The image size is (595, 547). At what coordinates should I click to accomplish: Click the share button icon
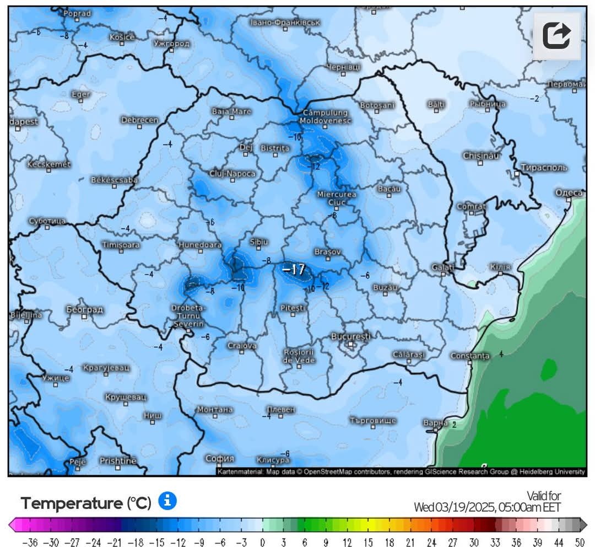[556, 36]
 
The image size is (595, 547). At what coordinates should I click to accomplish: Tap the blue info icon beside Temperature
[167, 501]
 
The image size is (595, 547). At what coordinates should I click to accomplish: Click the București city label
[350, 336]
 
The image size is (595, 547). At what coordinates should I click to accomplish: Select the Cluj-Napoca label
[232, 174]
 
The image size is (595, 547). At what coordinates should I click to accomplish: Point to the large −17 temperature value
[293, 270]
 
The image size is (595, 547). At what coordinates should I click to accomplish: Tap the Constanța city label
[470, 356]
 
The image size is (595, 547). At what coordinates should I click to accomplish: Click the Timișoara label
[121, 244]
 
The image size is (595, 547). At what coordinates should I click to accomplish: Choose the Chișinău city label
[481, 156]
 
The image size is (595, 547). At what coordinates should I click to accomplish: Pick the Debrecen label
[139, 120]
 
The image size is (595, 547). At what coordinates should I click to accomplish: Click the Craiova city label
[242, 346]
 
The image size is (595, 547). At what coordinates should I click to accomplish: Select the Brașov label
[327, 251]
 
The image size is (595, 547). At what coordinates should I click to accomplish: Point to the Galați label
[443, 267]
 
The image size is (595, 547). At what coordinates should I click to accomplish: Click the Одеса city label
[569, 192]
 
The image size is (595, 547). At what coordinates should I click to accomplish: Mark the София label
[220, 458]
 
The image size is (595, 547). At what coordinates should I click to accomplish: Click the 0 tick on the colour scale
[263, 542]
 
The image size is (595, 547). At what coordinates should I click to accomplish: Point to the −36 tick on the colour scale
[30, 542]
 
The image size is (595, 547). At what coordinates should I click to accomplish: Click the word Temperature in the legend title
[72, 503]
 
